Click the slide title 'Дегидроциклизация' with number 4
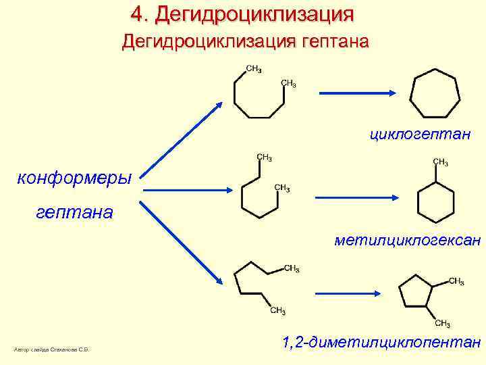click(242, 14)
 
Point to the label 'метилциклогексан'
click(408, 239)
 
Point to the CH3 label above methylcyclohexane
click(440, 162)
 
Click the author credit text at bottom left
click(52, 349)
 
